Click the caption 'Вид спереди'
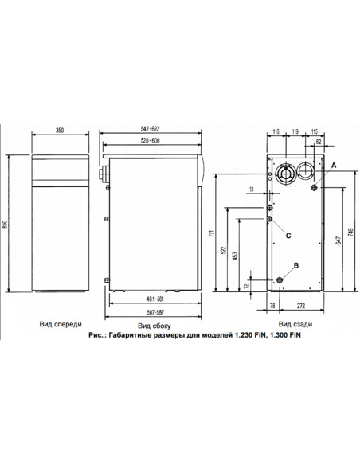(x=60, y=325)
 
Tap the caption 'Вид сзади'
(x=295, y=325)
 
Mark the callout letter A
(x=333, y=163)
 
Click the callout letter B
(x=296, y=264)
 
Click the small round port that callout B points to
(x=280, y=280)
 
